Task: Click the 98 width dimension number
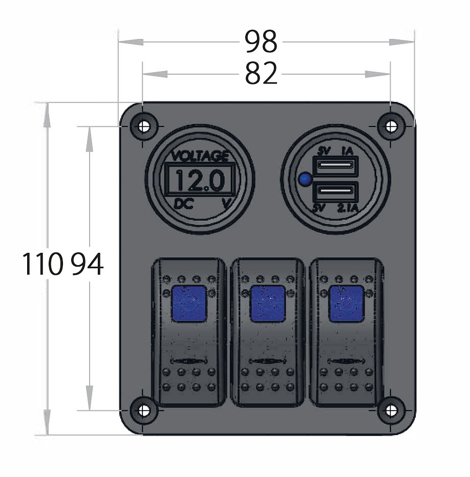point(261,41)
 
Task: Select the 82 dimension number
point(261,73)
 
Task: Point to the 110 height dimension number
point(42,264)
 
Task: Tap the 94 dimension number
point(88,264)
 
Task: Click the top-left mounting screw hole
point(144,126)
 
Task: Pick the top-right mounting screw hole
point(391,126)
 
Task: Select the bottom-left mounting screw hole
point(144,410)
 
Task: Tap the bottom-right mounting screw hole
point(391,410)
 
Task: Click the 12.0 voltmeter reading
point(200,180)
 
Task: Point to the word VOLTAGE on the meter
point(200,156)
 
